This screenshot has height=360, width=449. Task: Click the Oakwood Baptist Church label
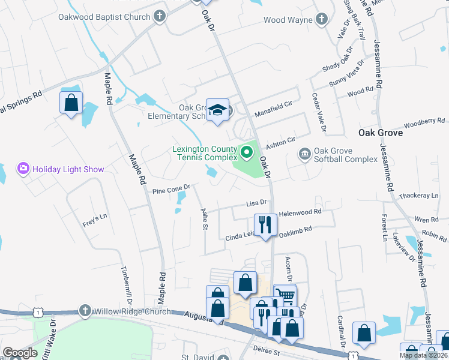point(104,16)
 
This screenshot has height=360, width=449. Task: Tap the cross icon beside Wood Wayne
point(321,19)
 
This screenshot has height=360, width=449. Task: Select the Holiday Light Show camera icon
point(24,169)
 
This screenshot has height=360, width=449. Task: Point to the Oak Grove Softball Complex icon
point(305,154)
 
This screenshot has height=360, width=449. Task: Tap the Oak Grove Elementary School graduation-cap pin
point(216,109)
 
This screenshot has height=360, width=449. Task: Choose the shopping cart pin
point(286,295)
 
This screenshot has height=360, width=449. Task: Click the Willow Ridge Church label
point(131,311)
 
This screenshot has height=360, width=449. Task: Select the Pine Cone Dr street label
point(171,190)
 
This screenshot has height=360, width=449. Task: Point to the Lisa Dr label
point(255,204)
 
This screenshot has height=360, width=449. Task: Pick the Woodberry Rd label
point(424,123)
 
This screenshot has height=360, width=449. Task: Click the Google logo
point(20,353)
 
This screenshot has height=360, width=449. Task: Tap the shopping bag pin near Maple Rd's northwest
point(71,103)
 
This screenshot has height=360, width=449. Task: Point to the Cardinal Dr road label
point(340,331)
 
